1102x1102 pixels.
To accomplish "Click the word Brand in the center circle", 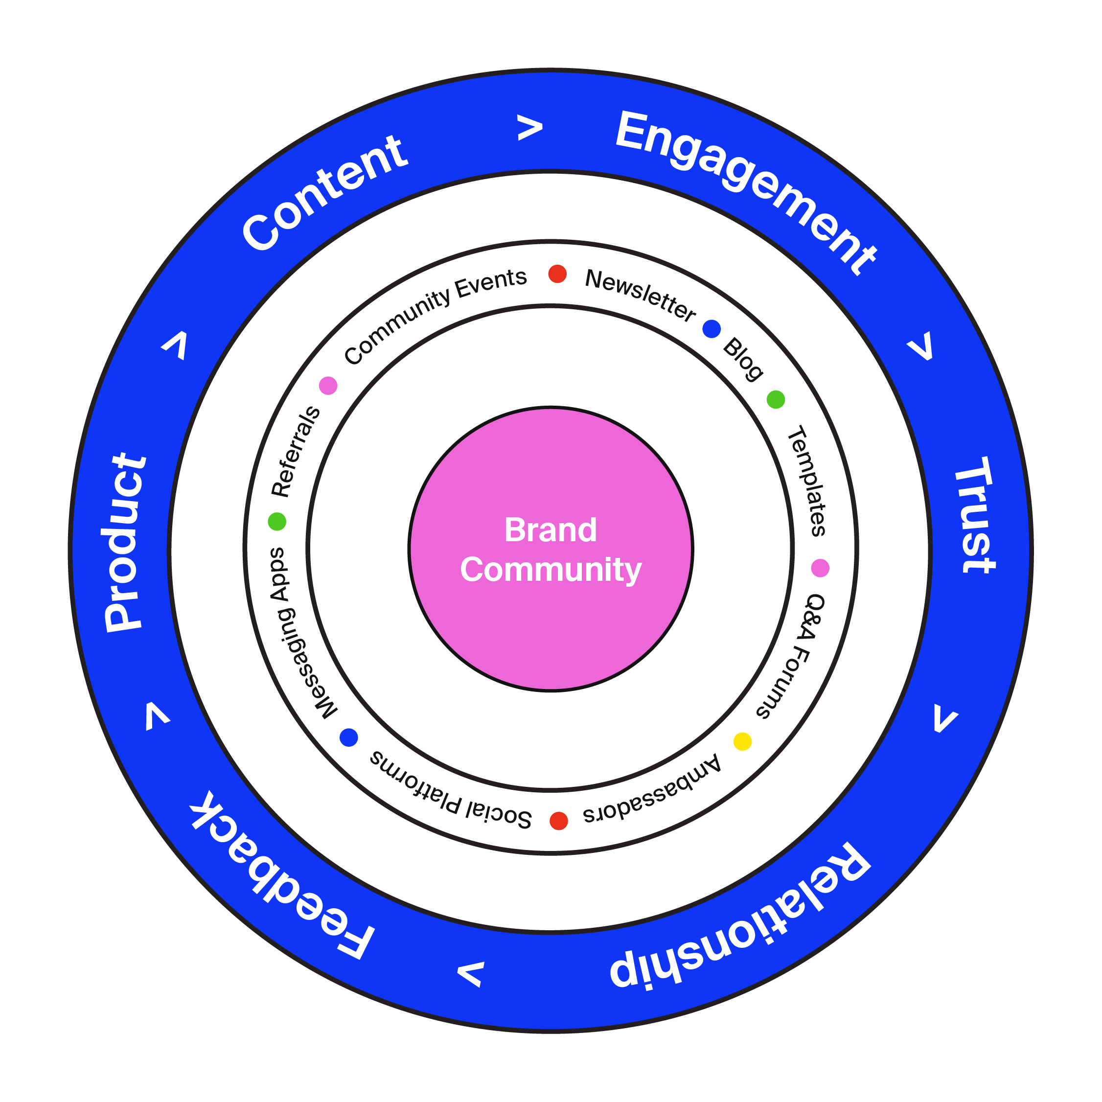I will [x=551, y=530].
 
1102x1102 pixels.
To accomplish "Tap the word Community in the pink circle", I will [x=551, y=570].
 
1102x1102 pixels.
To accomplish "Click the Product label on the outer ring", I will [x=124, y=542].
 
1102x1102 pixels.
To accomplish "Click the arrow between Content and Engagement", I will [x=529, y=128].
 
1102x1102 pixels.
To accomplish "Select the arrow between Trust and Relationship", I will [x=945, y=719].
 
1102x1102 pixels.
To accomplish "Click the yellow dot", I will [x=742, y=741].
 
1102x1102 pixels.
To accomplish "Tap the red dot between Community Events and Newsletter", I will [x=557, y=274].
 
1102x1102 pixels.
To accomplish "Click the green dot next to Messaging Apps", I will [x=277, y=521].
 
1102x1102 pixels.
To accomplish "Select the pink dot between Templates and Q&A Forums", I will [x=820, y=568].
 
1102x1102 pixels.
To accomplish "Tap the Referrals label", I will [x=296, y=451].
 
